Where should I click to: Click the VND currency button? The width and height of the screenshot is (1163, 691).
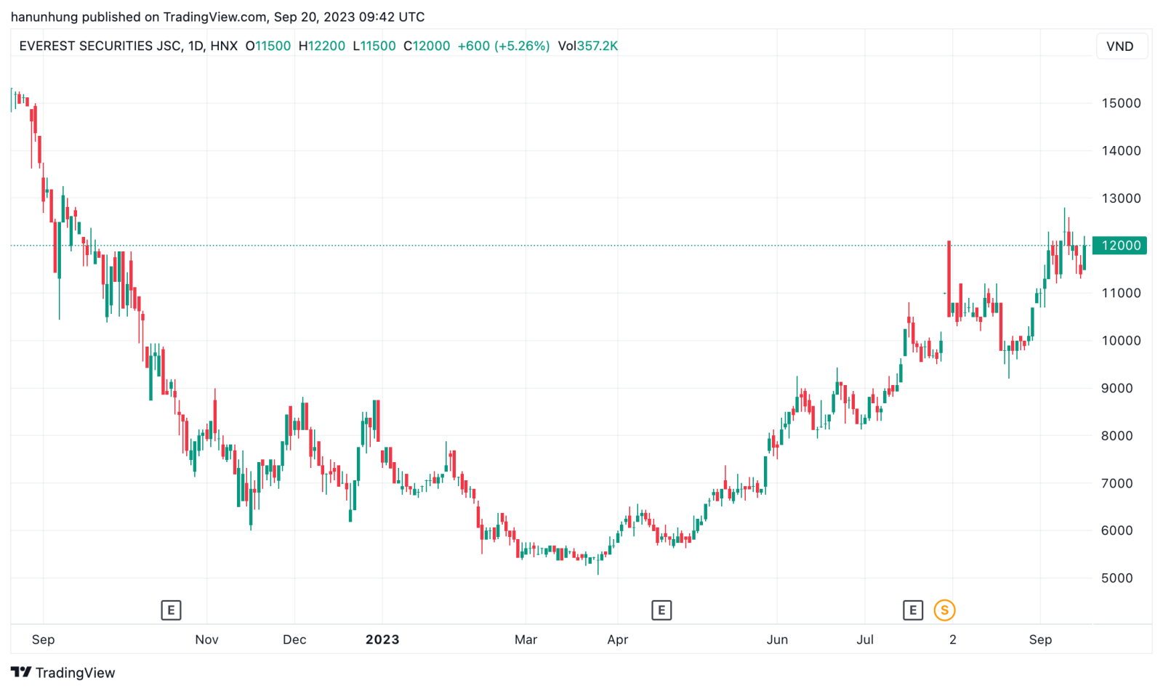(x=1119, y=47)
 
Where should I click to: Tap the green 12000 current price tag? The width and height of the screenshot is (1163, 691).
(x=1119, y=246)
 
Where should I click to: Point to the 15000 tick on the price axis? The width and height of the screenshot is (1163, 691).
(x=1121, y=103)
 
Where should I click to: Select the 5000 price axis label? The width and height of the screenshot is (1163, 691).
(x=1116, y=578)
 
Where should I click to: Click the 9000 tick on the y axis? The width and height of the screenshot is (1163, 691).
(x=1116, y=388)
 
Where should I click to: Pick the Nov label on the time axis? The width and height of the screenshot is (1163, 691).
(x=206, y=639)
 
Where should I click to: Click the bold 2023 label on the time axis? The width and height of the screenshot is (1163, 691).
(x=382, y=639)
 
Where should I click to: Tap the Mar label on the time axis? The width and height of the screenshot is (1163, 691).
(x=526, y=639)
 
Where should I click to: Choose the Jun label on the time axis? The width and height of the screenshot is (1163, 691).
(x=777, y=639)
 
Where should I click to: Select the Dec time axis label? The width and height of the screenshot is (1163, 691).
(x=294, y=639)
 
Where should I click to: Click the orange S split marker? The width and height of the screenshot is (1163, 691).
(x=944, y=610)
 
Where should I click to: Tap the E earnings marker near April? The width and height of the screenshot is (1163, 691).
(x=661, y=610)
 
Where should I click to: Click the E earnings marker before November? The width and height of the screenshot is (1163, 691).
(x=171, y=610)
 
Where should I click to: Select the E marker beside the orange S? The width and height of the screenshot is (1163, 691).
(x=913, y=610)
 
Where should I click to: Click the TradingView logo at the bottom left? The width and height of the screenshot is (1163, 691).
(x=63, y=673)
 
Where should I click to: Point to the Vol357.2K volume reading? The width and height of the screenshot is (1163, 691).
(x=588, y=46)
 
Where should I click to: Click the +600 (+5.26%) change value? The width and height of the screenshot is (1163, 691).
(x=503, y=46)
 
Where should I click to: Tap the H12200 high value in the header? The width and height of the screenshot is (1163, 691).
(x=322, y=46)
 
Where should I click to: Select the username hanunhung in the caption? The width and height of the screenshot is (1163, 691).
(x=44, y=17)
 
